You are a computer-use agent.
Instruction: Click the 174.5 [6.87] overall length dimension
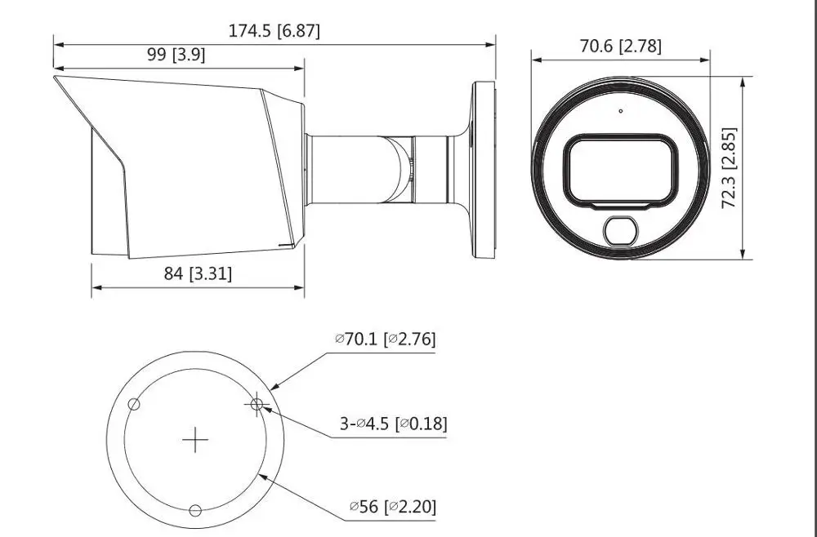(x=274, y=31)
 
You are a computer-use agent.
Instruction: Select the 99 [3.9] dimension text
(x=176, y=54)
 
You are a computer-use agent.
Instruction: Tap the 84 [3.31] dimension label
(x=198, y=273)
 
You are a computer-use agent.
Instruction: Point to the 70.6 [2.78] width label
(x=621, y=47)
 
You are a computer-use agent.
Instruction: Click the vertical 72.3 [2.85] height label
(x=729, y=167)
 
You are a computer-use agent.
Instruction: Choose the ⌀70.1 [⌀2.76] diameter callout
(x=385, y=340)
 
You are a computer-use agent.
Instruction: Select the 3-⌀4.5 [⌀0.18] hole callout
(x=394, y=424)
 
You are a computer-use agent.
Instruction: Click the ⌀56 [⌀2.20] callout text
(x=393, y=506)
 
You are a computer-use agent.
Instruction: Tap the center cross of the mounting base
(x=195, y=440)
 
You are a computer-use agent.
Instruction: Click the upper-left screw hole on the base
(x=134, y=404)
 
